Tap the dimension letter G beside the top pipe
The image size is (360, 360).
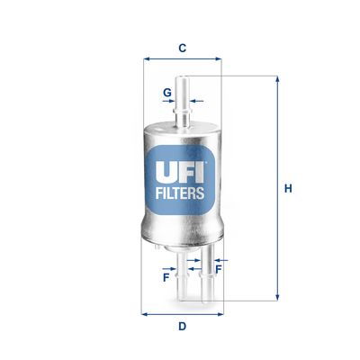click(166, 92)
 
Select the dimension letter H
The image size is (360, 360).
click(288, 189)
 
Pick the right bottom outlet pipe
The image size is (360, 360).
click(203, 279)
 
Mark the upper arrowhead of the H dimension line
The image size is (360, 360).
click(276, 81)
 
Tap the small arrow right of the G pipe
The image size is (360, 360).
click(197, 102)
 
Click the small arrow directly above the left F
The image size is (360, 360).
click(171, 267)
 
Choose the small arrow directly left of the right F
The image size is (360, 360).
click(208, 266)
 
